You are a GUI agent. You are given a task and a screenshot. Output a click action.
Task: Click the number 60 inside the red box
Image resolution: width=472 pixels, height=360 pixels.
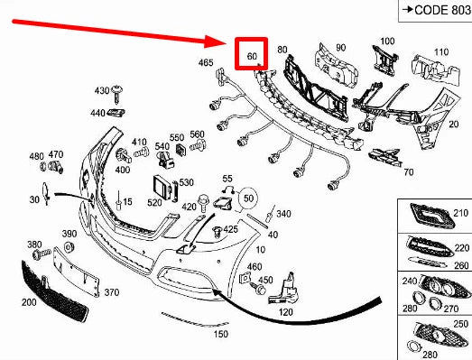point(253,56)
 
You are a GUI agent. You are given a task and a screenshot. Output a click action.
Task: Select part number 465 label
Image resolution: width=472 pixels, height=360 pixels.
point(207,62)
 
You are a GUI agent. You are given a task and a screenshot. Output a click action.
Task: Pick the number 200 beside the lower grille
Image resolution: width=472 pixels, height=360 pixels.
point(28,302)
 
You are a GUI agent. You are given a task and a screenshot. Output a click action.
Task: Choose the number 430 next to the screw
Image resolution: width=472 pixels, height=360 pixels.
point(101,91)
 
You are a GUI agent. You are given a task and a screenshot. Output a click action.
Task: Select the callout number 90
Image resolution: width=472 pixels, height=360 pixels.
point(340,47)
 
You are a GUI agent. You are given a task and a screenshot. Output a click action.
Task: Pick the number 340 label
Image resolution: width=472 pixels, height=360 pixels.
point(283,214)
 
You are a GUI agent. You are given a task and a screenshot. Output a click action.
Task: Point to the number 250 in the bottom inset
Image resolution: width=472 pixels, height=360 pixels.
point(462,324)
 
